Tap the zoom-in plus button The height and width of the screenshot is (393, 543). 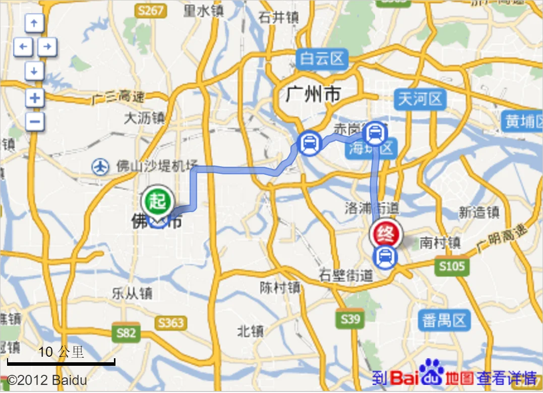pos(35,98)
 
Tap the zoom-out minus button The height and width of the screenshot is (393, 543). pos(35,121)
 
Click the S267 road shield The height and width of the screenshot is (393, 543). pos(151,10)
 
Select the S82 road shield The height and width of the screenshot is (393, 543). pos(126,333)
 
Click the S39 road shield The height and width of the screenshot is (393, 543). pos(350,318)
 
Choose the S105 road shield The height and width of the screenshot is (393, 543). pos(451,266)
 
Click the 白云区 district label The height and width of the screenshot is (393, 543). pos(322,59)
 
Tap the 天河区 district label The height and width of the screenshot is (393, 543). pos(420,99)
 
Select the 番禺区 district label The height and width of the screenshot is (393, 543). pos(444,320)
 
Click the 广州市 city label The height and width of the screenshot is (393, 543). pos(313,94)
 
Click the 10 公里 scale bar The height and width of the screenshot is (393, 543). pos(61,361)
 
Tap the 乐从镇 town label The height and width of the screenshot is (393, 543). pos(132,293)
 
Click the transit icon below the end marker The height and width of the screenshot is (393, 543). pos(385,257)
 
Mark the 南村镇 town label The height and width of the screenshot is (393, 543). pos(440,243)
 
